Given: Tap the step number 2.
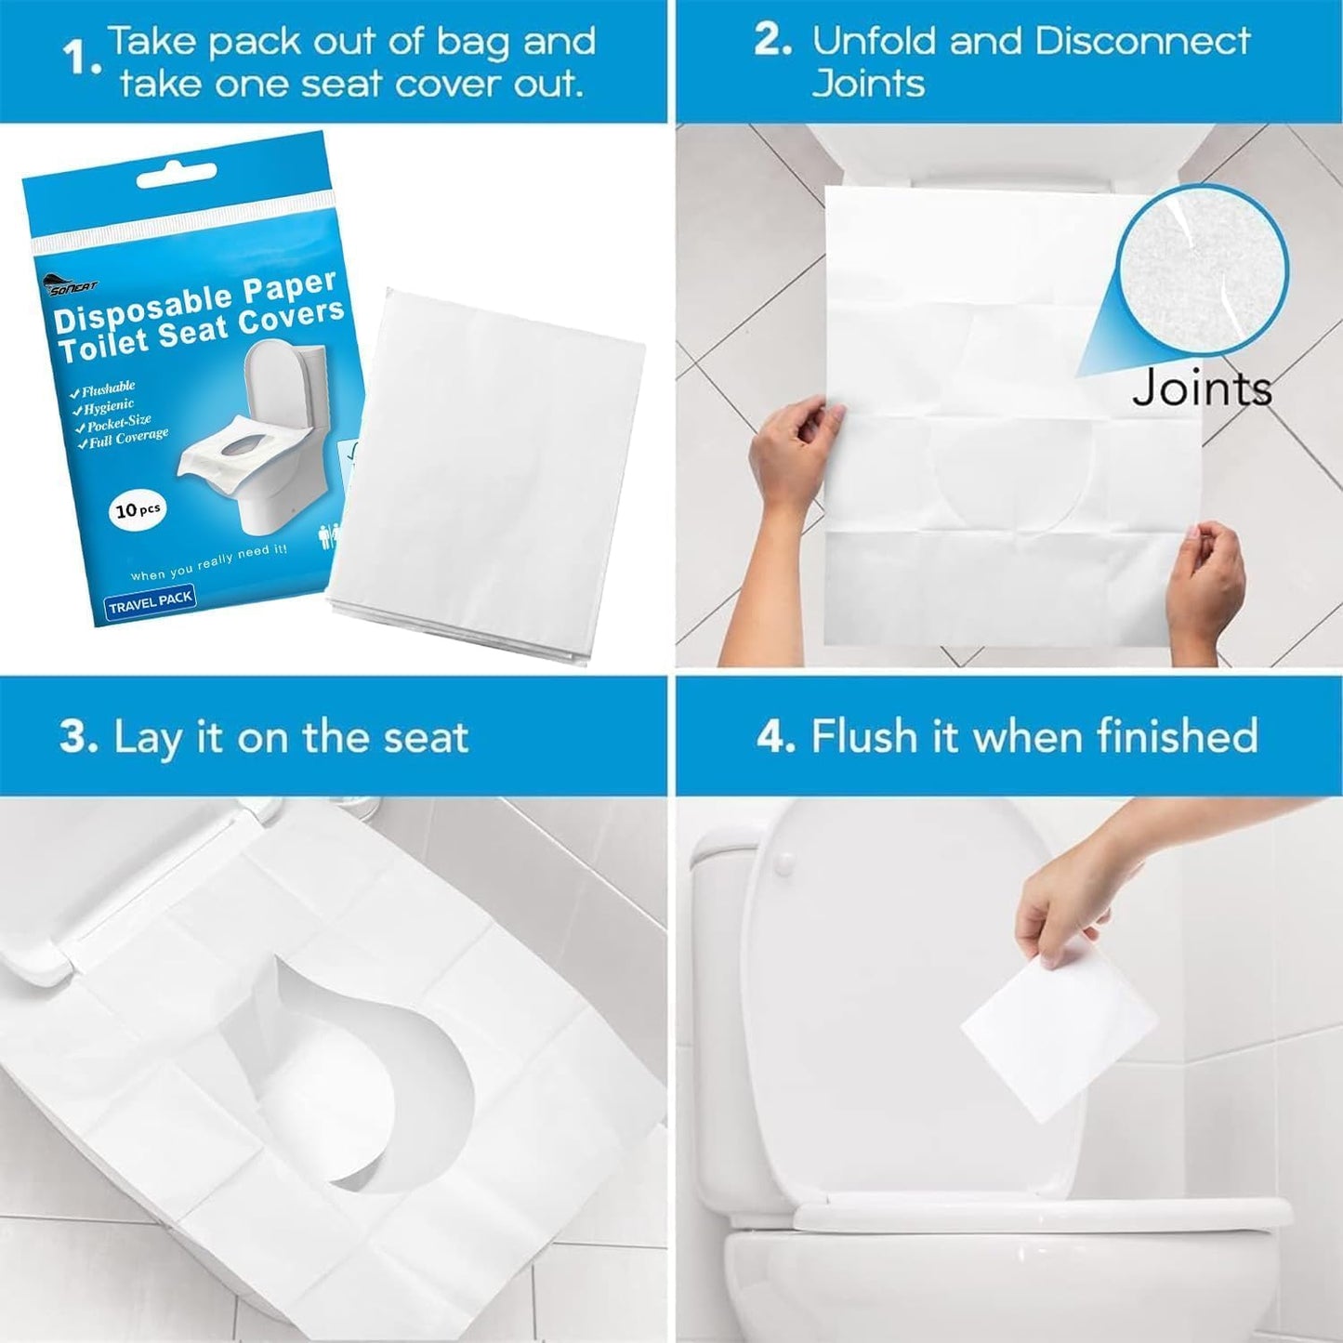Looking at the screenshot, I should (x=771, y=42).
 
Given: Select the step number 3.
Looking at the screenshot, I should (x=78, y=737).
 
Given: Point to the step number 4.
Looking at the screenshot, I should (x=774, y=737).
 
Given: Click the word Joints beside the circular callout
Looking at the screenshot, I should (x=1202, y=388).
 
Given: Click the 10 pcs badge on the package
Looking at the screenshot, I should (x=138, y=510).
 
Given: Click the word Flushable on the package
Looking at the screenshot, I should (x=108, y=388).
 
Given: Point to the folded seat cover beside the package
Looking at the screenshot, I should (x=488, y=474).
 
